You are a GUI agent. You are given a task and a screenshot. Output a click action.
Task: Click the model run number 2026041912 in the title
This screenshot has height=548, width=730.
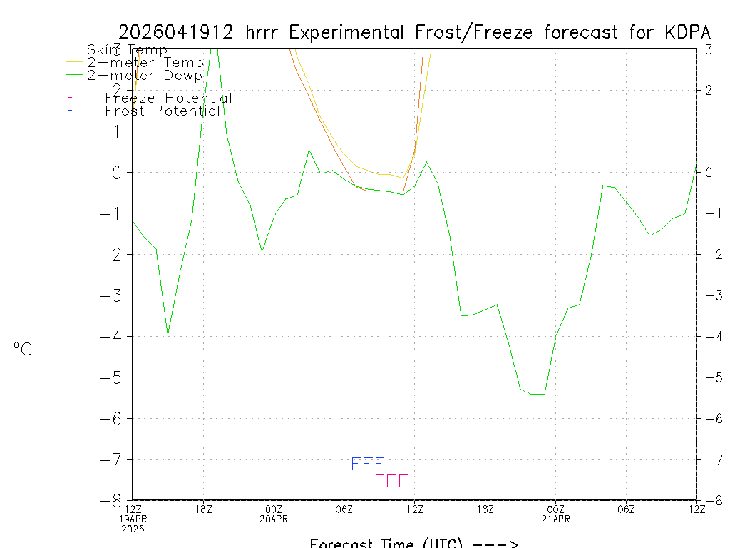tap(177, 32)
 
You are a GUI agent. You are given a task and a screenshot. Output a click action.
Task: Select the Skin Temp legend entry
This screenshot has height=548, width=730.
tap(127, 50)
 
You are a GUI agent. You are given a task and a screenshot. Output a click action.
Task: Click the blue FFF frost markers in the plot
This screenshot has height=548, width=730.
tap(368, 465)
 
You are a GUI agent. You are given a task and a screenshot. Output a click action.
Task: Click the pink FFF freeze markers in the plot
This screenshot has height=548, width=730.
tap(391, 480)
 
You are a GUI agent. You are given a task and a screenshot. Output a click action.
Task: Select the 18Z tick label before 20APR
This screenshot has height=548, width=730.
tap(204, 509)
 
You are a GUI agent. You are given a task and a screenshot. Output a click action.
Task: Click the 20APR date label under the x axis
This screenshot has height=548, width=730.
tap(274, 519)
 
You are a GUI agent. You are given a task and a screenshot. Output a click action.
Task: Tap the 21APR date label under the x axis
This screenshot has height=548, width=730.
tap(555, 519)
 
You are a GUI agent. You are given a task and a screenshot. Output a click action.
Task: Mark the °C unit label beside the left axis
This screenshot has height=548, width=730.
tap(23, 349)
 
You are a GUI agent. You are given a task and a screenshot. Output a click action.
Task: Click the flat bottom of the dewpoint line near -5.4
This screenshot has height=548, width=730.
tap(538, 394)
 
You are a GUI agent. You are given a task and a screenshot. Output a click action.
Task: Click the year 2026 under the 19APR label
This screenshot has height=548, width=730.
tap(133, 529)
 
